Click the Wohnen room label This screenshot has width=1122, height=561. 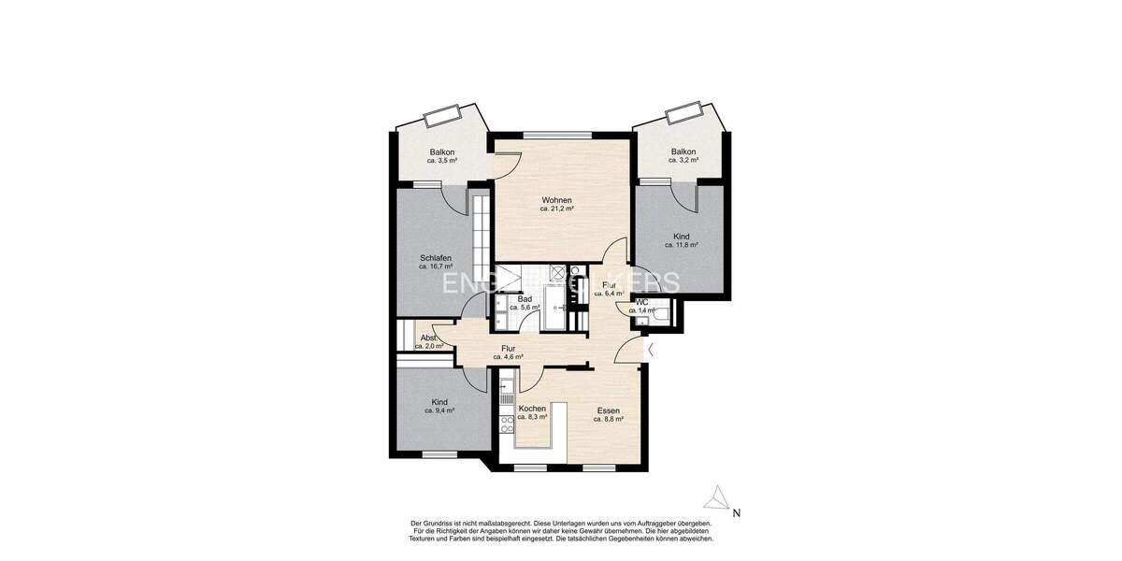click(556, 200)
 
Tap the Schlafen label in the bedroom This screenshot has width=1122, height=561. click(436, 258)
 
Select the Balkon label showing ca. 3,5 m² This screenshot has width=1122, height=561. click(442, 152)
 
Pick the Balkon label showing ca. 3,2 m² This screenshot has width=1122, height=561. click(683, 151)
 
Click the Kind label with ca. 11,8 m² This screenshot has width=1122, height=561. click(682, 237)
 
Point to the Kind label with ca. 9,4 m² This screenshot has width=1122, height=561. click(439, 402)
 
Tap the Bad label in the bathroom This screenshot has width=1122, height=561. click(525, 299)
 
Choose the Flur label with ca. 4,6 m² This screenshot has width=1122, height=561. click(508, 349)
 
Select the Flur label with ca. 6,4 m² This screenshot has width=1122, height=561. click(609, 285)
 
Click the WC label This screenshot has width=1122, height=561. click(641, 303)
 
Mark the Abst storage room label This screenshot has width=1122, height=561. click(428, 338)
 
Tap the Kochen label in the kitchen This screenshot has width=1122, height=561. click(532, 409)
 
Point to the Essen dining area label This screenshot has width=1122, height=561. click(608, 410)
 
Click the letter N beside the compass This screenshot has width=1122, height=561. click(737, 512)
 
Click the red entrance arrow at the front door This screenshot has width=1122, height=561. click(652, 350)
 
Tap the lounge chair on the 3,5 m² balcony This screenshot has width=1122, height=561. click(442, 117)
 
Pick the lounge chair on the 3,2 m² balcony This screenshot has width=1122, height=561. click(683, 115)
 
